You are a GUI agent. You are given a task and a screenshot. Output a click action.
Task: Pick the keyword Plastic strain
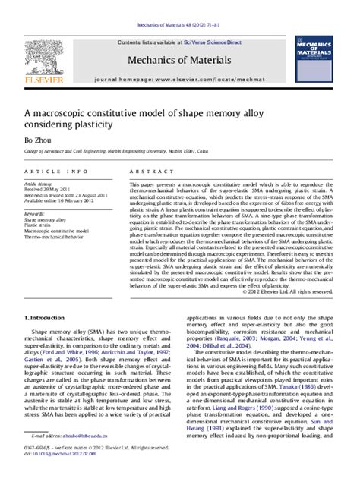39,225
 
